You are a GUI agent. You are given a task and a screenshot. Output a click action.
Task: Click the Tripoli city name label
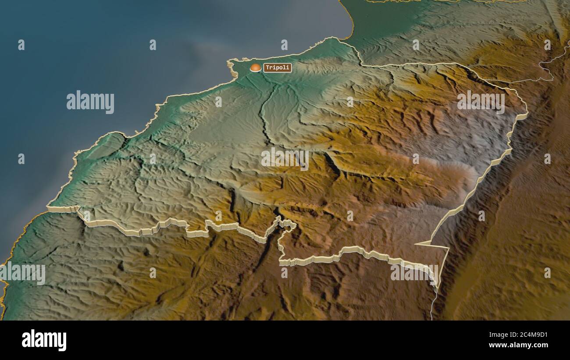[x=278, y=68]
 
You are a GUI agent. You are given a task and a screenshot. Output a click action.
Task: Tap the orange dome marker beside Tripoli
[x=255, y=68]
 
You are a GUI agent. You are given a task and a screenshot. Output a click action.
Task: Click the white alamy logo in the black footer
[x=44, y=340]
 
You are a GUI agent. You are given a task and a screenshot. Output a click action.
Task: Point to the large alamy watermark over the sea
[x=90, y=102]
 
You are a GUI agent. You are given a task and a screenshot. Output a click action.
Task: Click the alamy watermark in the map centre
[x=285, y=159]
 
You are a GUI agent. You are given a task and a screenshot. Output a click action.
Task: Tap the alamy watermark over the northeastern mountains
[x=481, y=102]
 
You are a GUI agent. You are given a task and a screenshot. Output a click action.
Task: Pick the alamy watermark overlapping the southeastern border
[x=414, y=272]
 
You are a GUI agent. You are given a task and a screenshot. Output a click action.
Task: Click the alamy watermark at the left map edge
[x=23, y=273]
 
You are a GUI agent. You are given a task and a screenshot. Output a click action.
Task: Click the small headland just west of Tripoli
[x=231, y=64]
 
